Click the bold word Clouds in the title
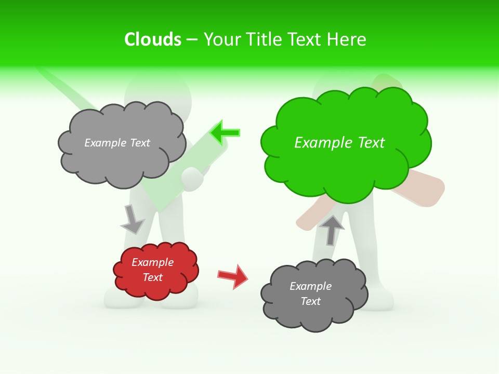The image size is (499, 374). pyautogui.click(x=153, y=39)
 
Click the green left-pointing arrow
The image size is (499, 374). pyautogui.click(x=225, y=132)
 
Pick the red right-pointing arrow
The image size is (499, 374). pyautogui.click(x=233, y=276)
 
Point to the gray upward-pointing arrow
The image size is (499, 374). pyautogui.click(x=332, y=230)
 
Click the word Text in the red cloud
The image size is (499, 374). pyautogui.click(x=152, y=277)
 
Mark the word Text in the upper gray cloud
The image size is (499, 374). pyautogui.click(x=140, y=143)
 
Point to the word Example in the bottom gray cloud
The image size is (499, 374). pyautogui.click(x=310, y=286)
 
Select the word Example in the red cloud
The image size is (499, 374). pyautogui.click(x=152, y=262)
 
